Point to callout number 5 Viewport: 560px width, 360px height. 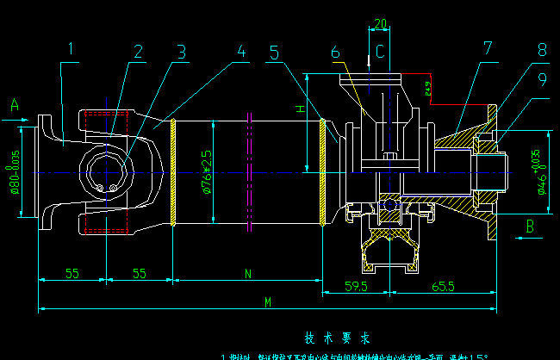(274, 52)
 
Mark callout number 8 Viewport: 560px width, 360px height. (541, 50)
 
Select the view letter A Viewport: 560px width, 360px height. (14, 104)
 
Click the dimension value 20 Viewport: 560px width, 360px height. (380, 24)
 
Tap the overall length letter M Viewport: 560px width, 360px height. (268, 301)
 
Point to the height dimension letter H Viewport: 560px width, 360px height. (300, 109)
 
